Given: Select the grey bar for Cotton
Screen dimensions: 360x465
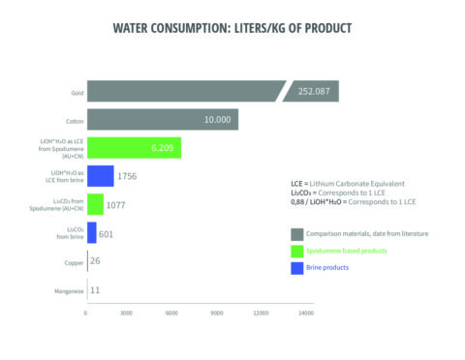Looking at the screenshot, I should (x=162, y=119).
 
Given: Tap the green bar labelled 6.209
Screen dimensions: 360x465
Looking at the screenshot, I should (x=133, y=147).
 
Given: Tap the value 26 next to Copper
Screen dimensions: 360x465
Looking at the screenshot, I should (x=94, y=261).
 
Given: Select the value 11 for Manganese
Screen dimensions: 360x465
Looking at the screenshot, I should (x=94, y=289).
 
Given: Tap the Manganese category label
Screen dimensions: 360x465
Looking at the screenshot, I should (x=68, y=289).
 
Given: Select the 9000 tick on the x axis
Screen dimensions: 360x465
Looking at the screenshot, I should (x=217, y=313).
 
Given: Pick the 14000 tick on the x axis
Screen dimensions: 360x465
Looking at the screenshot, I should (x=306, y=313).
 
